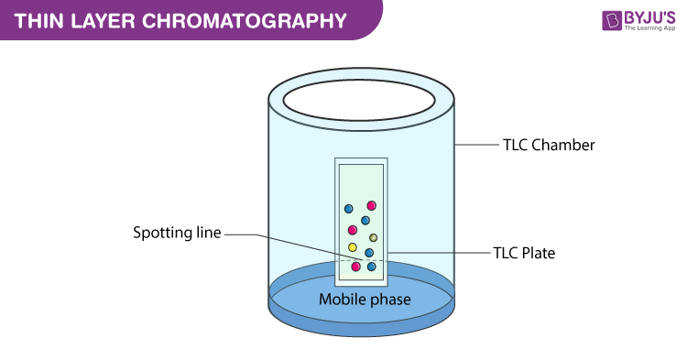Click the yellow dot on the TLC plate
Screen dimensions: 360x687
[x=353, y=247]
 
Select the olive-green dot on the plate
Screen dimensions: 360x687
[x=374, y=238]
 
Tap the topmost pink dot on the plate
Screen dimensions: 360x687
[x=372, y=206]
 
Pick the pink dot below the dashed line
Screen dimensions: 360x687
[x=355, y=267]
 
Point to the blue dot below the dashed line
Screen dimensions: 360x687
[x=372, y=267]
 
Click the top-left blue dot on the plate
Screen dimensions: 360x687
[x=349, y=210]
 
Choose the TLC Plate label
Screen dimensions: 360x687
[x=525, y=252]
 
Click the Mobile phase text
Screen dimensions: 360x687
[x=365, y=299]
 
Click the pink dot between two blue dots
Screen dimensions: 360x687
[x=352, y=230]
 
